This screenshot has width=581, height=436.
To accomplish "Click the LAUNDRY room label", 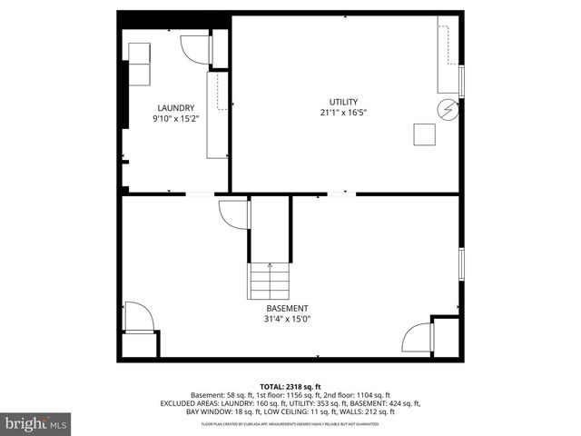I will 175,107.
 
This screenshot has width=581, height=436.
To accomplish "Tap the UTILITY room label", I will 343,102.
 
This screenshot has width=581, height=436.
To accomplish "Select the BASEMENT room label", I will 286,308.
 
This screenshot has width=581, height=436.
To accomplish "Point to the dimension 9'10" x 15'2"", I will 175,119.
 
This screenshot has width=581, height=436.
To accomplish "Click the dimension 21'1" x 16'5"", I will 343,114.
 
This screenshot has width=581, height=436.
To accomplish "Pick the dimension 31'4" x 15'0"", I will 286,319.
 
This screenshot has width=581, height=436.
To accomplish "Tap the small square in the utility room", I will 424,134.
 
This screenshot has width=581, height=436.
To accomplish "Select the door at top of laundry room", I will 194,48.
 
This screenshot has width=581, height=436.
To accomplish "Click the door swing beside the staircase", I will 233,215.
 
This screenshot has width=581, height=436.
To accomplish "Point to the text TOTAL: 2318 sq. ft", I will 290,387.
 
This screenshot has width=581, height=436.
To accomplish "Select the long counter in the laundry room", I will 217,114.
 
